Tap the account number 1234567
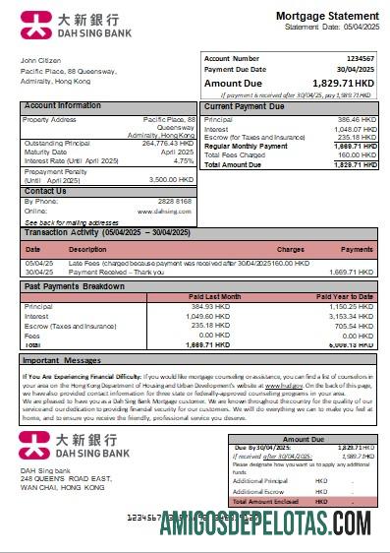[x=361, y=59]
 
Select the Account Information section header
[x=62, y=105]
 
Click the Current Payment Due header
[x=244, y=105]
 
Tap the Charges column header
[x=291, y=250]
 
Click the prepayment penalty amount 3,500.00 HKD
[x=171, y=180]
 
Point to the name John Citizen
[x=42, y=61]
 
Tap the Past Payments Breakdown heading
[x=74, y=286]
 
